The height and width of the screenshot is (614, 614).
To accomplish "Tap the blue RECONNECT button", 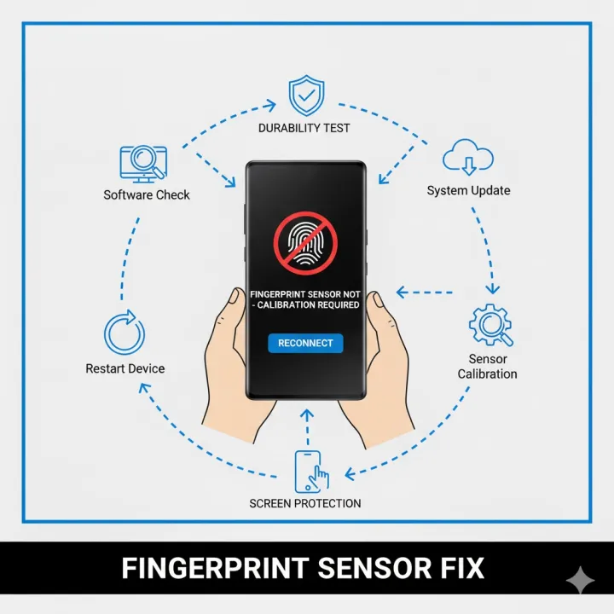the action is (305, 343).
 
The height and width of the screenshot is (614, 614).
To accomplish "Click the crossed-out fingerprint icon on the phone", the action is (305, 243).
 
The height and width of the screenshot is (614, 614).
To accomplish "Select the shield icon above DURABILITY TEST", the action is (306, 96).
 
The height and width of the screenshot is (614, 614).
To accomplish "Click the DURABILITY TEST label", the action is (304, 128).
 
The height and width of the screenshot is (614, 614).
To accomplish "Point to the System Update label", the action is (468, 190).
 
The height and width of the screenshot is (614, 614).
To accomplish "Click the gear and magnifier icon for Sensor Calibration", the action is (491, 325).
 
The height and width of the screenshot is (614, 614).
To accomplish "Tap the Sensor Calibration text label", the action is (488, 366).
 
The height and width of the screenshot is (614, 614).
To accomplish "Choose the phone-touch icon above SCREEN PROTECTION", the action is (311, 472).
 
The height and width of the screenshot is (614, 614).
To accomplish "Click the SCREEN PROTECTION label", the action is (305, 503).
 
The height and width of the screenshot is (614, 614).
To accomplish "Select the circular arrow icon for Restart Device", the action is (125, 333).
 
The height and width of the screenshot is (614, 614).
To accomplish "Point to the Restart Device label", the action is (125, 368).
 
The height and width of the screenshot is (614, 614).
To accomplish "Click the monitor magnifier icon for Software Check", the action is (143, 164).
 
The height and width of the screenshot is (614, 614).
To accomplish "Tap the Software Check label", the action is (147, 194).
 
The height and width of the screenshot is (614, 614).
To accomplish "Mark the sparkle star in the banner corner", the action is (581, 581).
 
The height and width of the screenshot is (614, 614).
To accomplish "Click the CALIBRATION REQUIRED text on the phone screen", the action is (308, 304).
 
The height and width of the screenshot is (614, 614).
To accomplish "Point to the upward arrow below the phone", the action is (307, 427).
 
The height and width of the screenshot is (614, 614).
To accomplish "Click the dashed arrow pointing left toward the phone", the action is (425, 293).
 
